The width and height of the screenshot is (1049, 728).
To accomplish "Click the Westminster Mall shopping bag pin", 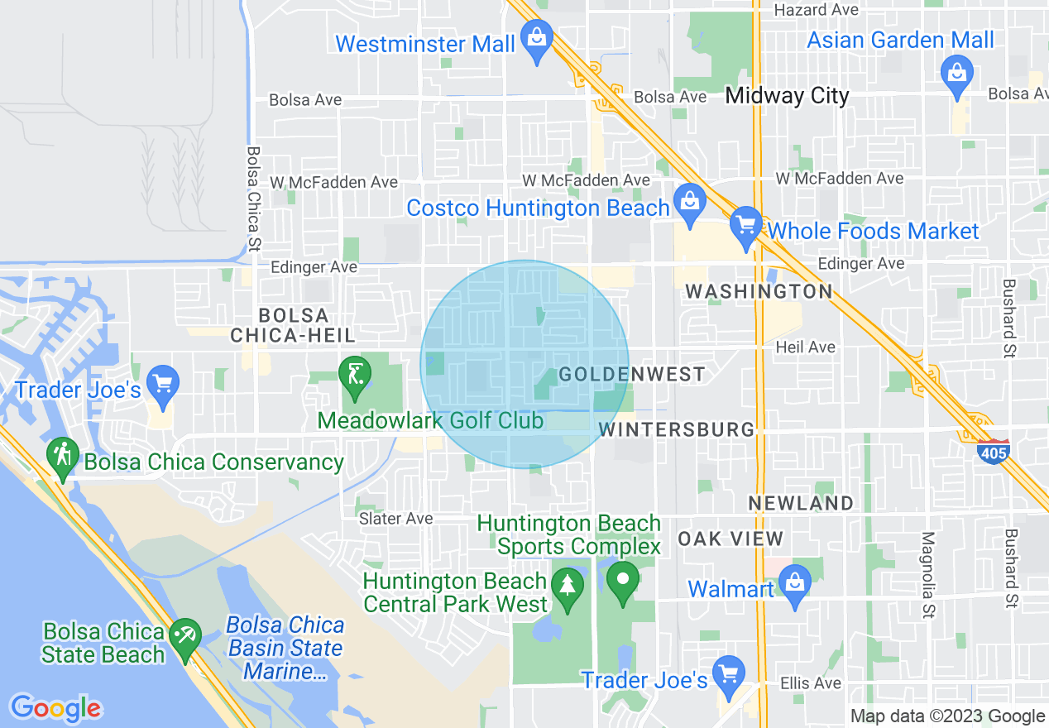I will pos(537,40).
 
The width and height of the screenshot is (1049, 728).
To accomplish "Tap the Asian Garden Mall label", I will pos(900,40).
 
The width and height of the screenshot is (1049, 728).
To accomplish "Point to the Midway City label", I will pos(787,96).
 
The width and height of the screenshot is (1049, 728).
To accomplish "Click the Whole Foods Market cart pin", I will pos(745,226).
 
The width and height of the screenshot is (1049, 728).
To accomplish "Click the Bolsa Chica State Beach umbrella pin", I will pos(184,638).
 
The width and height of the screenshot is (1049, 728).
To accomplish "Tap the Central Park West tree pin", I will pos(567,587).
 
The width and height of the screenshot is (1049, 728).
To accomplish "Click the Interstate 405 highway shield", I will pos(992,452).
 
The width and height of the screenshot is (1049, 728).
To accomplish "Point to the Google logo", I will pos(55,708).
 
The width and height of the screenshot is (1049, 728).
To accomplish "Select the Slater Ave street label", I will pos(395,519).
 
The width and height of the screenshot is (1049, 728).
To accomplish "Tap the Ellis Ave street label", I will pos(811,682).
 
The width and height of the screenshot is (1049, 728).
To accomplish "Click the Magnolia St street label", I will pos(928,574).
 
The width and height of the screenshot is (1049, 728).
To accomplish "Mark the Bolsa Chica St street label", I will pos(253,198).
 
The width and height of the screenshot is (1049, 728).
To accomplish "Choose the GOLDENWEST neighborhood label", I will pos(632,375).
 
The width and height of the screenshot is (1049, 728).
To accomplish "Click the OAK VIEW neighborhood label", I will pos(730,539).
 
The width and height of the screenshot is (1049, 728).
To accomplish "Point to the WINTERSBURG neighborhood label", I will pos(677,429).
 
